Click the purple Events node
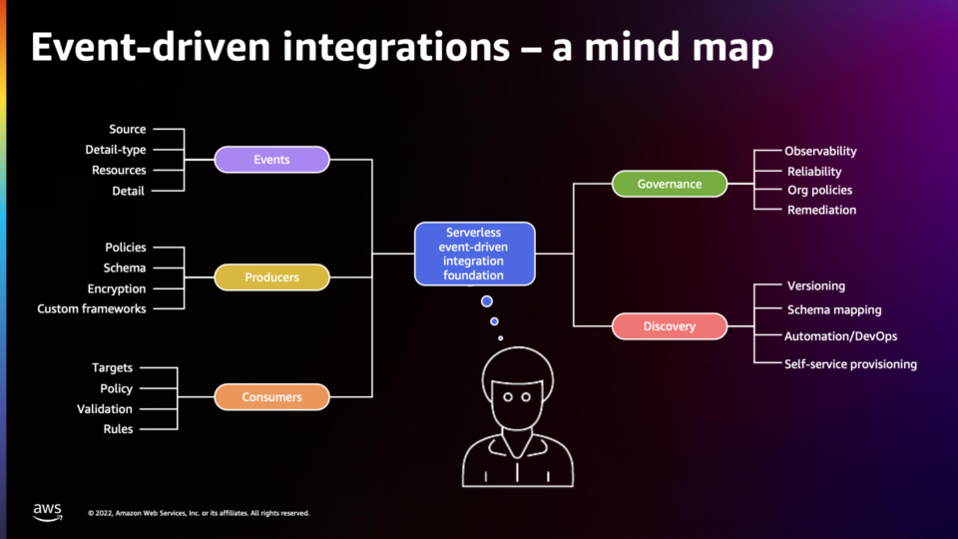pos(271,160)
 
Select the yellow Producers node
pos(271,277)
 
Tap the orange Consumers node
pos(271,397)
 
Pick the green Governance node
pos(670,184)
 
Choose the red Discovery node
pos(670,326)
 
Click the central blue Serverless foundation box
pos(475,254)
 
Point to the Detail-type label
pos(116,150)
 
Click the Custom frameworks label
pos(92,308)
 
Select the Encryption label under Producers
pos(117,288)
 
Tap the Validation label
pos(105,409)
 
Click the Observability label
pos(820,151)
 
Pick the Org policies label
pos(820,190)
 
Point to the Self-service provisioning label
pos(850,364)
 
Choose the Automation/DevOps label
pos(840,336)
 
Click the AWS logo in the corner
pos(48,512)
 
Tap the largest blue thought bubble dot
pos(486,301)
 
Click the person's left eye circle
pos(508,397)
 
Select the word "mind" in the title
pos(633,48)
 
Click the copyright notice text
pos(199,513)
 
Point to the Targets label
pos(112,368)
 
